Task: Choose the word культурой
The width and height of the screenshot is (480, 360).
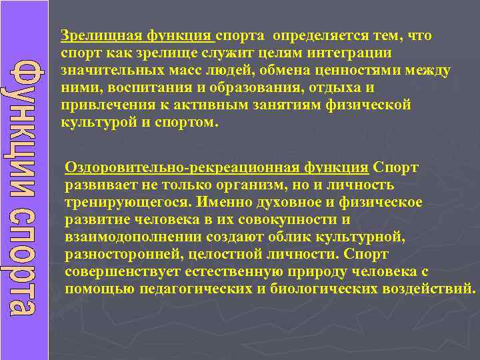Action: tap(100, 123)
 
